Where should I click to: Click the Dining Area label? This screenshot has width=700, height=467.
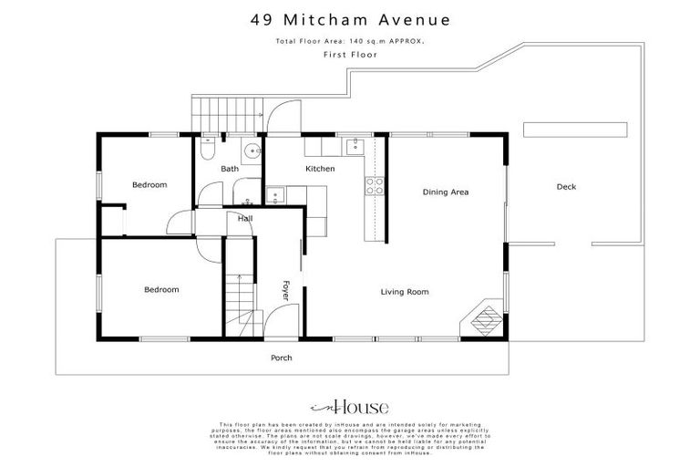tap(445, 192)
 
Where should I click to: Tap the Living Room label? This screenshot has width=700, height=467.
tap(405, 292)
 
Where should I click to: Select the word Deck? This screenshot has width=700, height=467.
tap(566, 187)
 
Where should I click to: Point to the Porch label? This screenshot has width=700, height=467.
tap(282, 358)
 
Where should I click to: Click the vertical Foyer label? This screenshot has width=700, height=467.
tap(285, 289)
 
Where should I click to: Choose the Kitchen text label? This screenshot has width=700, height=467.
tap(320, 170)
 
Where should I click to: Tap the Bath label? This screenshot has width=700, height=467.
tap(230, 170)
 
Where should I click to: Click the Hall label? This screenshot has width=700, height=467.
tap(245, 219)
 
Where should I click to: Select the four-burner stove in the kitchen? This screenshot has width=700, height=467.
tap(375, 186)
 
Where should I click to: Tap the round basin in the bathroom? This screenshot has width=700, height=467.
tap(249, 150)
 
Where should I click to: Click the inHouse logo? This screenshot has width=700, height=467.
tap(350, 407)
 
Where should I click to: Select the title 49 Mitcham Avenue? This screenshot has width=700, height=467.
tap(349, 19)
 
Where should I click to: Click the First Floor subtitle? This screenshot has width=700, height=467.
tap(349, 55)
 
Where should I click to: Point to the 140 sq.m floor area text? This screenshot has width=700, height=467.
tap(349, 42)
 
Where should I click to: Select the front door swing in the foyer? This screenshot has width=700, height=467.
tap(274, 321)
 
